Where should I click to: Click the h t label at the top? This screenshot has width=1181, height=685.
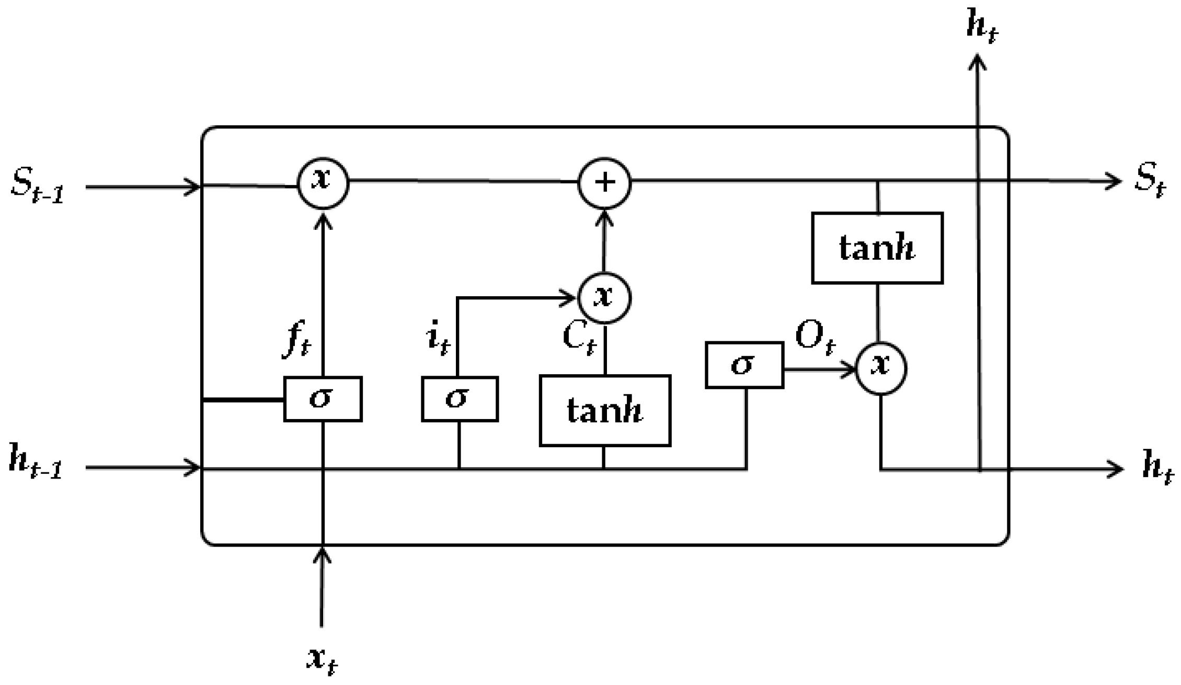point(982,26)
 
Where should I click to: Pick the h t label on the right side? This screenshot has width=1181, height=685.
point(1156,468)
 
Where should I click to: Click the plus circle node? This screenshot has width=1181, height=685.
point(604,183)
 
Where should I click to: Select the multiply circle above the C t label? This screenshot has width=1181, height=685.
point(604,298)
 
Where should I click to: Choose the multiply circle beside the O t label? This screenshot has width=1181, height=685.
point(881,368)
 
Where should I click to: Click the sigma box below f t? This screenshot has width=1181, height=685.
point(323,399)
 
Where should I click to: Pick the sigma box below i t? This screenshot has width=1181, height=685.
point(459,399)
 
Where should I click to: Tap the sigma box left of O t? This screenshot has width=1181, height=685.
point(744,365)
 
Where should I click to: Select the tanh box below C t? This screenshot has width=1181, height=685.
point(605,411)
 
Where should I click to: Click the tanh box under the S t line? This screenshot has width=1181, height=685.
point(877,248)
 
